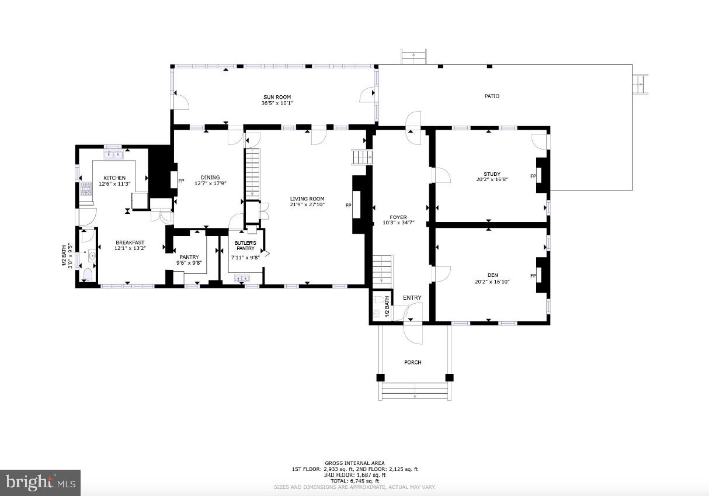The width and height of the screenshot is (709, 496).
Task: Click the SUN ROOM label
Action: (277, 98)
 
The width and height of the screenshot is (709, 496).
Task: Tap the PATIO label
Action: (492, 96)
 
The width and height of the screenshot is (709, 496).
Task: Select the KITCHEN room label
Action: (114, 178)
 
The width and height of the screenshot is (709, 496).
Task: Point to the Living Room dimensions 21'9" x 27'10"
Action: (307, 205)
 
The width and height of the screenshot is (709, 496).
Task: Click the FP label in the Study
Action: (533, 176)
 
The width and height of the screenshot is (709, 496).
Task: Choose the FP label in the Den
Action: (533, 276)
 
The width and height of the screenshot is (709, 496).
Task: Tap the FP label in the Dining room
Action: (181, 181)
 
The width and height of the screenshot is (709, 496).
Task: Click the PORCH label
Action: (412, 362)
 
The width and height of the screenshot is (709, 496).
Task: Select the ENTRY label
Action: (412, 298)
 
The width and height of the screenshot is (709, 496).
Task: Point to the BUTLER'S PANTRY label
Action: (245, 245)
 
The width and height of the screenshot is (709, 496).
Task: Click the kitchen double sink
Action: (113, 154)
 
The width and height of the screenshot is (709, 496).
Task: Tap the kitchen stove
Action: (86, 189)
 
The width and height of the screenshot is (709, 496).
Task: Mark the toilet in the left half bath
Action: (88, 275)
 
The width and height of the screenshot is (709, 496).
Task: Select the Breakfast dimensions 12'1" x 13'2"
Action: (130, 248)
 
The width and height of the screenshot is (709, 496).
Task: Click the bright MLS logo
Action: (40, 483)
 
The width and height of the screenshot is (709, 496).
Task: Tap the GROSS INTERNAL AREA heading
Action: (354, 463)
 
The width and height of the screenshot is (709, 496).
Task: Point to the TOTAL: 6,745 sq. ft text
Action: (354, 481)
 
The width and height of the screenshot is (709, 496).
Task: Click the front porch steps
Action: (415, 391)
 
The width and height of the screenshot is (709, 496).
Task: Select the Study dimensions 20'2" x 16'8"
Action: (492, 180)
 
